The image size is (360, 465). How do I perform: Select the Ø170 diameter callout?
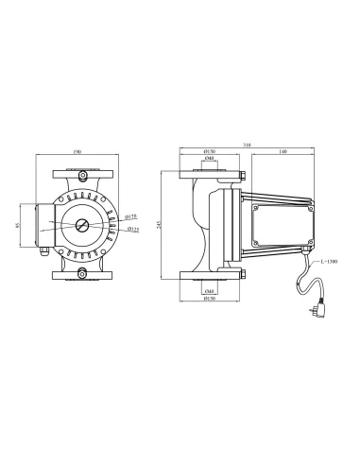point(132,216)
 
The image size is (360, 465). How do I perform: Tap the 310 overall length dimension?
point(247,145)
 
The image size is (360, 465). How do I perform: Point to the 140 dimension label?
point(284,152)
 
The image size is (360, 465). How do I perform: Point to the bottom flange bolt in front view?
point(81,274)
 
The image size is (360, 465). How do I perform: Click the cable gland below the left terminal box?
point(41,253)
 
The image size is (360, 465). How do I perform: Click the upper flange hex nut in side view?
point(244,174)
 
